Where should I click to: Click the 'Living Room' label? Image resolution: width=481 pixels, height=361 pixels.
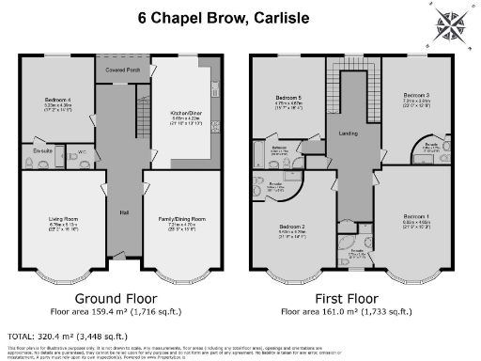62,222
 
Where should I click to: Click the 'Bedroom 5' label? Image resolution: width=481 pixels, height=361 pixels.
287,98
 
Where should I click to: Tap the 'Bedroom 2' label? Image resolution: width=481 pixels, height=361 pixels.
290,228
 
